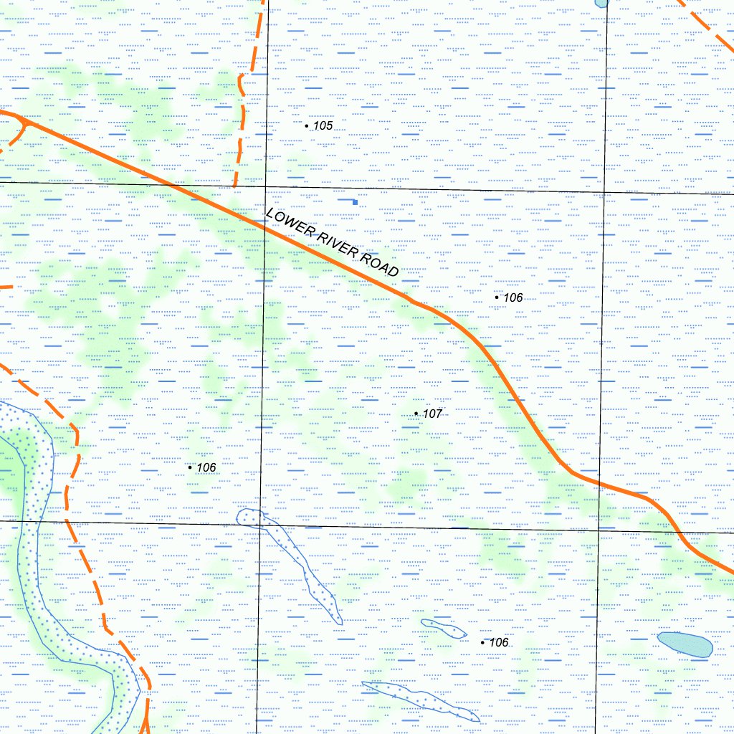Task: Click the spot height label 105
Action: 323,126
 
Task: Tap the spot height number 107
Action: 432,414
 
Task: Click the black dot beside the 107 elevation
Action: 416,413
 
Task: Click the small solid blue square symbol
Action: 355,203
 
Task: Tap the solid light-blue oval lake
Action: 685,644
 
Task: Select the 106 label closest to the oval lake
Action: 497,642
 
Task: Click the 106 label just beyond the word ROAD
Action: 513,297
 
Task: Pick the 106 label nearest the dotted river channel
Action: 206,467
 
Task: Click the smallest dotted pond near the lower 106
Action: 444,629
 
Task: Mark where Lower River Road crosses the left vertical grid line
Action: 264,229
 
